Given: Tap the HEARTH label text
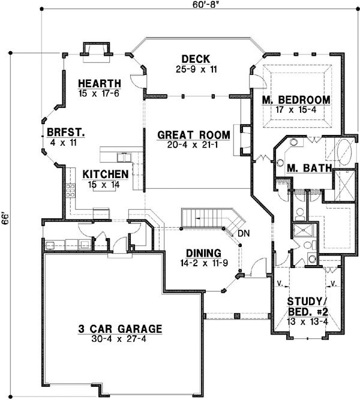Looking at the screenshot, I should tap(99, 83).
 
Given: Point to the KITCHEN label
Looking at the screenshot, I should tap(106, 174).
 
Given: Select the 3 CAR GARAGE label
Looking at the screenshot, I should tap(120, 329).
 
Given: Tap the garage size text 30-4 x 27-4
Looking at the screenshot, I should tap(120, 339).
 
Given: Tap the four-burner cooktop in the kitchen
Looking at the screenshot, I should tap(70, 191).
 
